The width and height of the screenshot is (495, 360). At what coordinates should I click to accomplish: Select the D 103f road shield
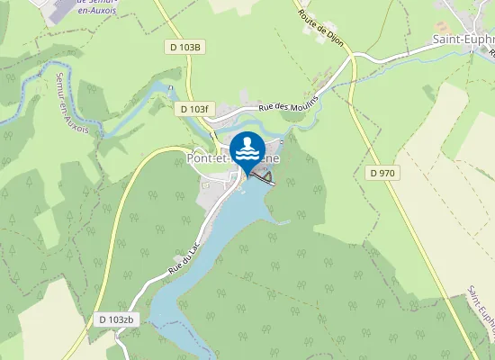[193, 109]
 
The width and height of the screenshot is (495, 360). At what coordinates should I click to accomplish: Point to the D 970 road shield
[383, 172]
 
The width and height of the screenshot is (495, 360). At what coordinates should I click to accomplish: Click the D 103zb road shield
[116, 319]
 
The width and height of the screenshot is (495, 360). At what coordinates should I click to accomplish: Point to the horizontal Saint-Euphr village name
[463, 40]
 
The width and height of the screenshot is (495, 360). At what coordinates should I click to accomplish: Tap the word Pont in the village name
[199, 158]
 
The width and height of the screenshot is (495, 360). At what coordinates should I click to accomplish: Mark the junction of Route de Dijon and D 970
[352, 58]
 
